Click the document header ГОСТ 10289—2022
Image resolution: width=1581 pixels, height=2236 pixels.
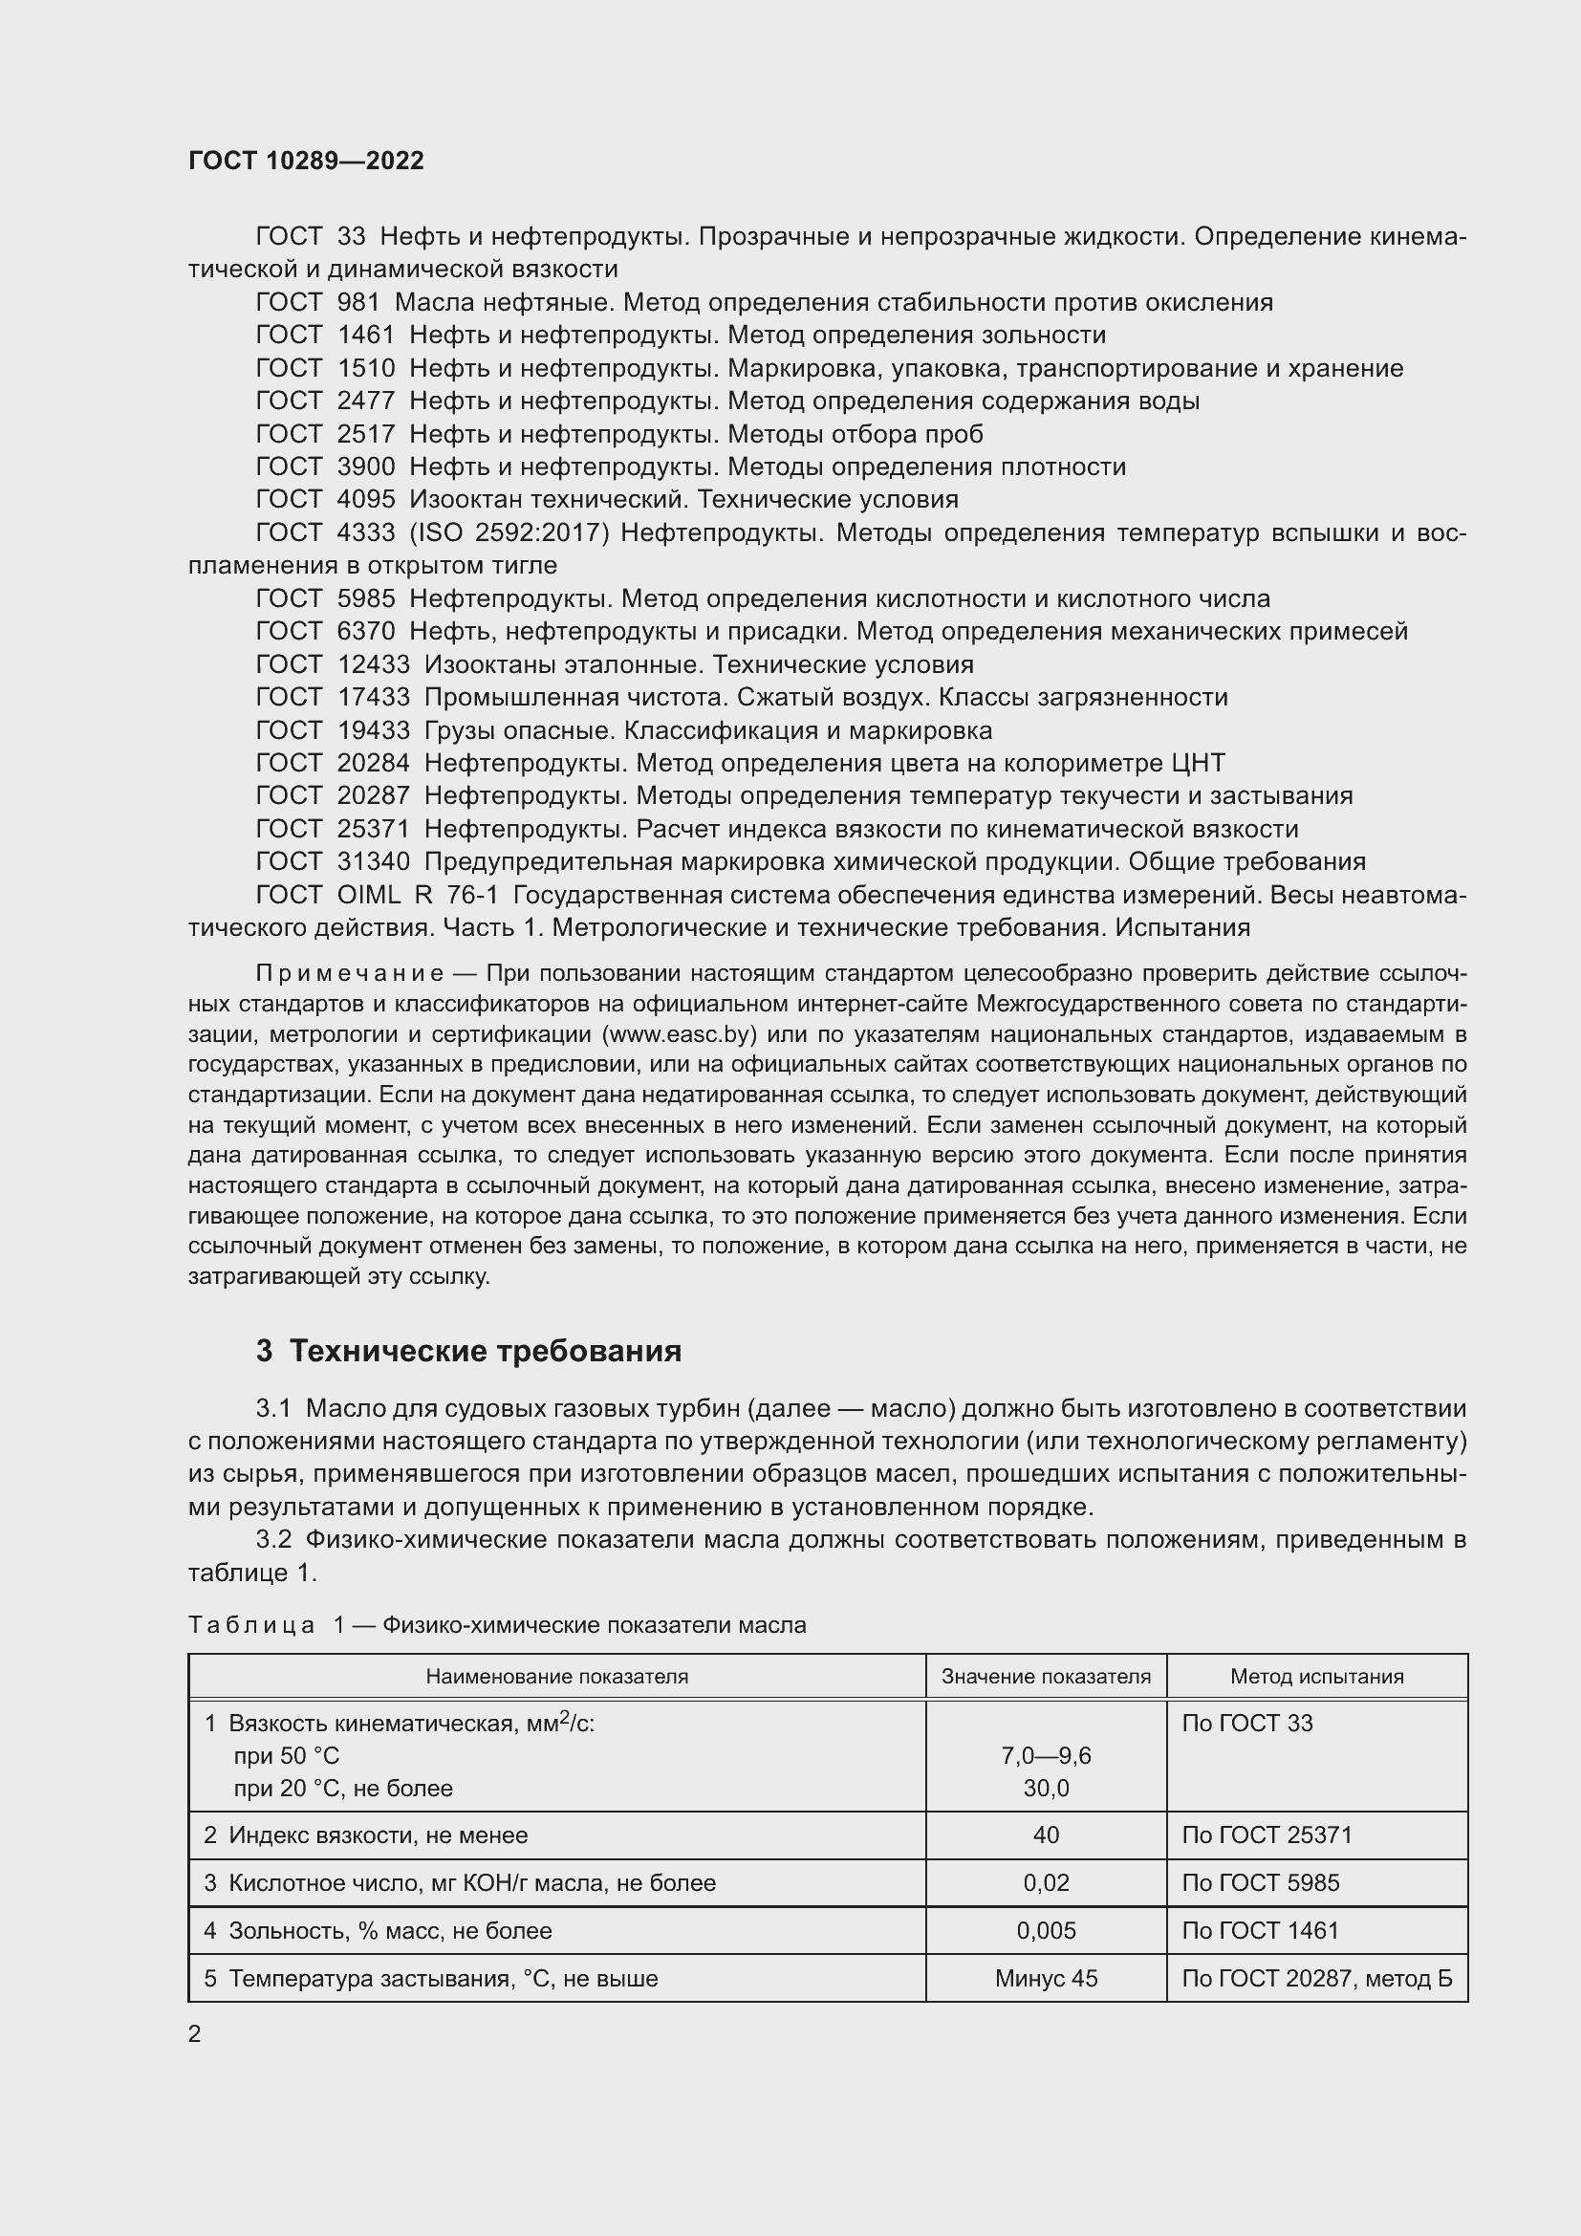click(x=306, y=161)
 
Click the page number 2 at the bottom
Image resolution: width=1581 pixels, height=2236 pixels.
click(x=195, y=2034)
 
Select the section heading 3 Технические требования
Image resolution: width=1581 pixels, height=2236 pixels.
click(x=468, y=1352)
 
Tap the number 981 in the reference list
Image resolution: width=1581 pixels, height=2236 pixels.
click(x=358, y=303)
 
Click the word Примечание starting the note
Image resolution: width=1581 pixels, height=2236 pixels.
click(x=350, y=974)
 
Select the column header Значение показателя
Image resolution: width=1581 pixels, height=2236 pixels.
click(x=1046, y=1677)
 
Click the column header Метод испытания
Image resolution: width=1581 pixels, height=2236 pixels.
click(x=1316, y=1677)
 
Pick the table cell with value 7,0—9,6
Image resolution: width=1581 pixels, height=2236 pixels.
click(x=1046, y=1756)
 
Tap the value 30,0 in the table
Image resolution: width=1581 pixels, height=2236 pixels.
click(x=1046, y=1788)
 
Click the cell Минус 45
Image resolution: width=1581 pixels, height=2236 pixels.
click(x=1046, y=1979)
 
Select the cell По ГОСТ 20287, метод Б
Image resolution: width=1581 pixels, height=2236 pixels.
click(x=1316, y=1979)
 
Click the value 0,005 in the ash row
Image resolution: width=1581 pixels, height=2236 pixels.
click(x=1046, y=1931)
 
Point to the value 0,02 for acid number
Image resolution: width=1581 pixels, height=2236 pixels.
click(x=1046, y=1883)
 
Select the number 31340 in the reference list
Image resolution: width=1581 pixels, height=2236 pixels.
click(x=373, y=862)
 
